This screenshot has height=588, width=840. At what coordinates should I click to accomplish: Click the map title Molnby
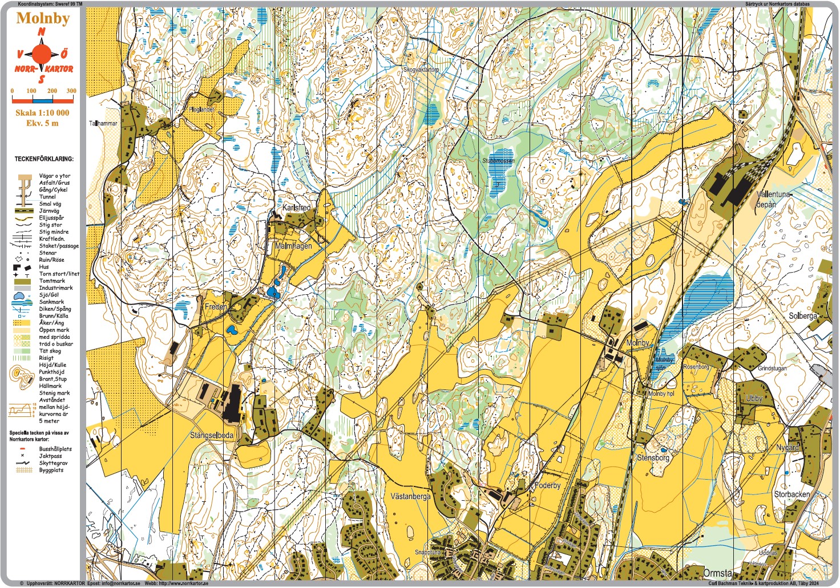43,18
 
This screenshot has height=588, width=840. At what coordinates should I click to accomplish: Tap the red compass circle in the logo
41,54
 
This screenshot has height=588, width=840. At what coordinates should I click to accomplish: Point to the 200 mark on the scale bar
52,91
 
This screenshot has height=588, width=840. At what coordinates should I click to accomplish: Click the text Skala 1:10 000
42,113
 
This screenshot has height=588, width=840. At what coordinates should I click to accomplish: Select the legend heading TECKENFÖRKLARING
43,159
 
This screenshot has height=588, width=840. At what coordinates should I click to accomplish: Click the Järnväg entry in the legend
49,211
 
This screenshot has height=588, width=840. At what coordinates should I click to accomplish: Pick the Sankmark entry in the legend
51,302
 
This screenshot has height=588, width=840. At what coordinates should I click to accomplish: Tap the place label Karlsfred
297,208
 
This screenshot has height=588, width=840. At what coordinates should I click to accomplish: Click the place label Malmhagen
293,246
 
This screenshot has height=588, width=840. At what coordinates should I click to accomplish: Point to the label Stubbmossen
498,161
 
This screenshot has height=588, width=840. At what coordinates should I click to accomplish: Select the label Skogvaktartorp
421,70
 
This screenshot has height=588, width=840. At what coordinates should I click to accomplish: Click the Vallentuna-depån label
774,199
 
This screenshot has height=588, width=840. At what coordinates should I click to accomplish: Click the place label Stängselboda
211,435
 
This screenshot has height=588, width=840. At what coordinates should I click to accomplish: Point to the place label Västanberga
410,496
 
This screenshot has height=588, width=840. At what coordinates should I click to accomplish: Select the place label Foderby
547,485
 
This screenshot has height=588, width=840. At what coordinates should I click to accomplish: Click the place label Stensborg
653,457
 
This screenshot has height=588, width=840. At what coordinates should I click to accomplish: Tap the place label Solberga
802,316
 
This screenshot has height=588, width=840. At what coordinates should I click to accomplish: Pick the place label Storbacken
791,494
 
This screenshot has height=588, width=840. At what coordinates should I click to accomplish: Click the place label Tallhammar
103,123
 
